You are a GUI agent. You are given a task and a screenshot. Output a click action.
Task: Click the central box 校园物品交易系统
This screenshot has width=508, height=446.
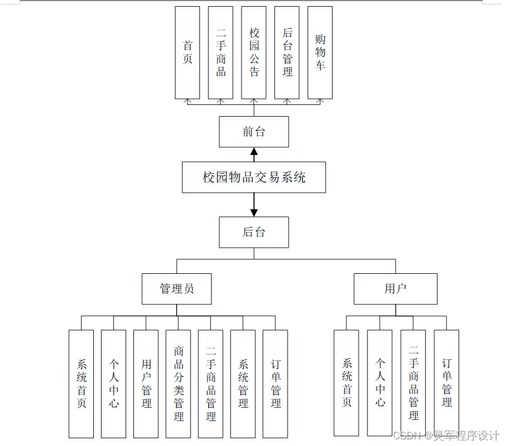pyautogui.click(x=254, y=178)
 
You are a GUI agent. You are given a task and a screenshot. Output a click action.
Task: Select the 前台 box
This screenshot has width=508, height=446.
pyautogui.click(x=254, y=132)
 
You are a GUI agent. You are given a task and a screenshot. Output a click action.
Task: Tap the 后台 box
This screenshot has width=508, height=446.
pyautogui.click(x=254, y=232)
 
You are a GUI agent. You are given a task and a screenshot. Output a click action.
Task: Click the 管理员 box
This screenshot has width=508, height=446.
pyautogui.click(x=177, y=289)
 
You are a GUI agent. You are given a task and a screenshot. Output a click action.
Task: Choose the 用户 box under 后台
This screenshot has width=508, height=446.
pyautogui.click(x=395, y=289)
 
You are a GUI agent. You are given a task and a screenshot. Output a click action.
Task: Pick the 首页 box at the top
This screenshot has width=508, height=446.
pyautogui.click(x=187, y=53)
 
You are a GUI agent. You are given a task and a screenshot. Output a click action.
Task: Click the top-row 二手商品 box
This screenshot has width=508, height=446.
pyautogui.click(x=220, y=53)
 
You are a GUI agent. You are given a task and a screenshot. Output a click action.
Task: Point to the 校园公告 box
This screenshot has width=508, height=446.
pyautogui.click(x=254, y=53)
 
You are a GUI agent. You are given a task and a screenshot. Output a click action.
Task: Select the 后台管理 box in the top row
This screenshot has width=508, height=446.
pyautogui.click(x=287, y=53)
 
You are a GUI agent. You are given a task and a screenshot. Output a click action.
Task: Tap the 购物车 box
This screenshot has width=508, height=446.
pyautogui.click(x=320, y=53)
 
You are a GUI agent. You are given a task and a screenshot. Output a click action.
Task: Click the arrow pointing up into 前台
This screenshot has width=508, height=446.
pyautogui.click(x=254, y=153)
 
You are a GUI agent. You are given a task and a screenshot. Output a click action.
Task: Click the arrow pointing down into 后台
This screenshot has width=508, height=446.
pyautogui.click(x=254, y=211)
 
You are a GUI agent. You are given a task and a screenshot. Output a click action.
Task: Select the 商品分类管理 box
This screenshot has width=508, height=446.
pyautogui.click(x=178, y=383)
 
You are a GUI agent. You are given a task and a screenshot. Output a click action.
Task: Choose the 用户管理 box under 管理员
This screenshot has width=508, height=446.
pyautogui.click(x=146, y=383)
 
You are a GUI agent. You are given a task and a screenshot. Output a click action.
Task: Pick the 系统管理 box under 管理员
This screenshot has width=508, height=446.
pyautogui.click(x=243, y=383)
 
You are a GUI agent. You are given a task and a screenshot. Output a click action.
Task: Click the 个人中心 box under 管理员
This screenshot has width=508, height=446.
pyautogui.click(x=114, y=383)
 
